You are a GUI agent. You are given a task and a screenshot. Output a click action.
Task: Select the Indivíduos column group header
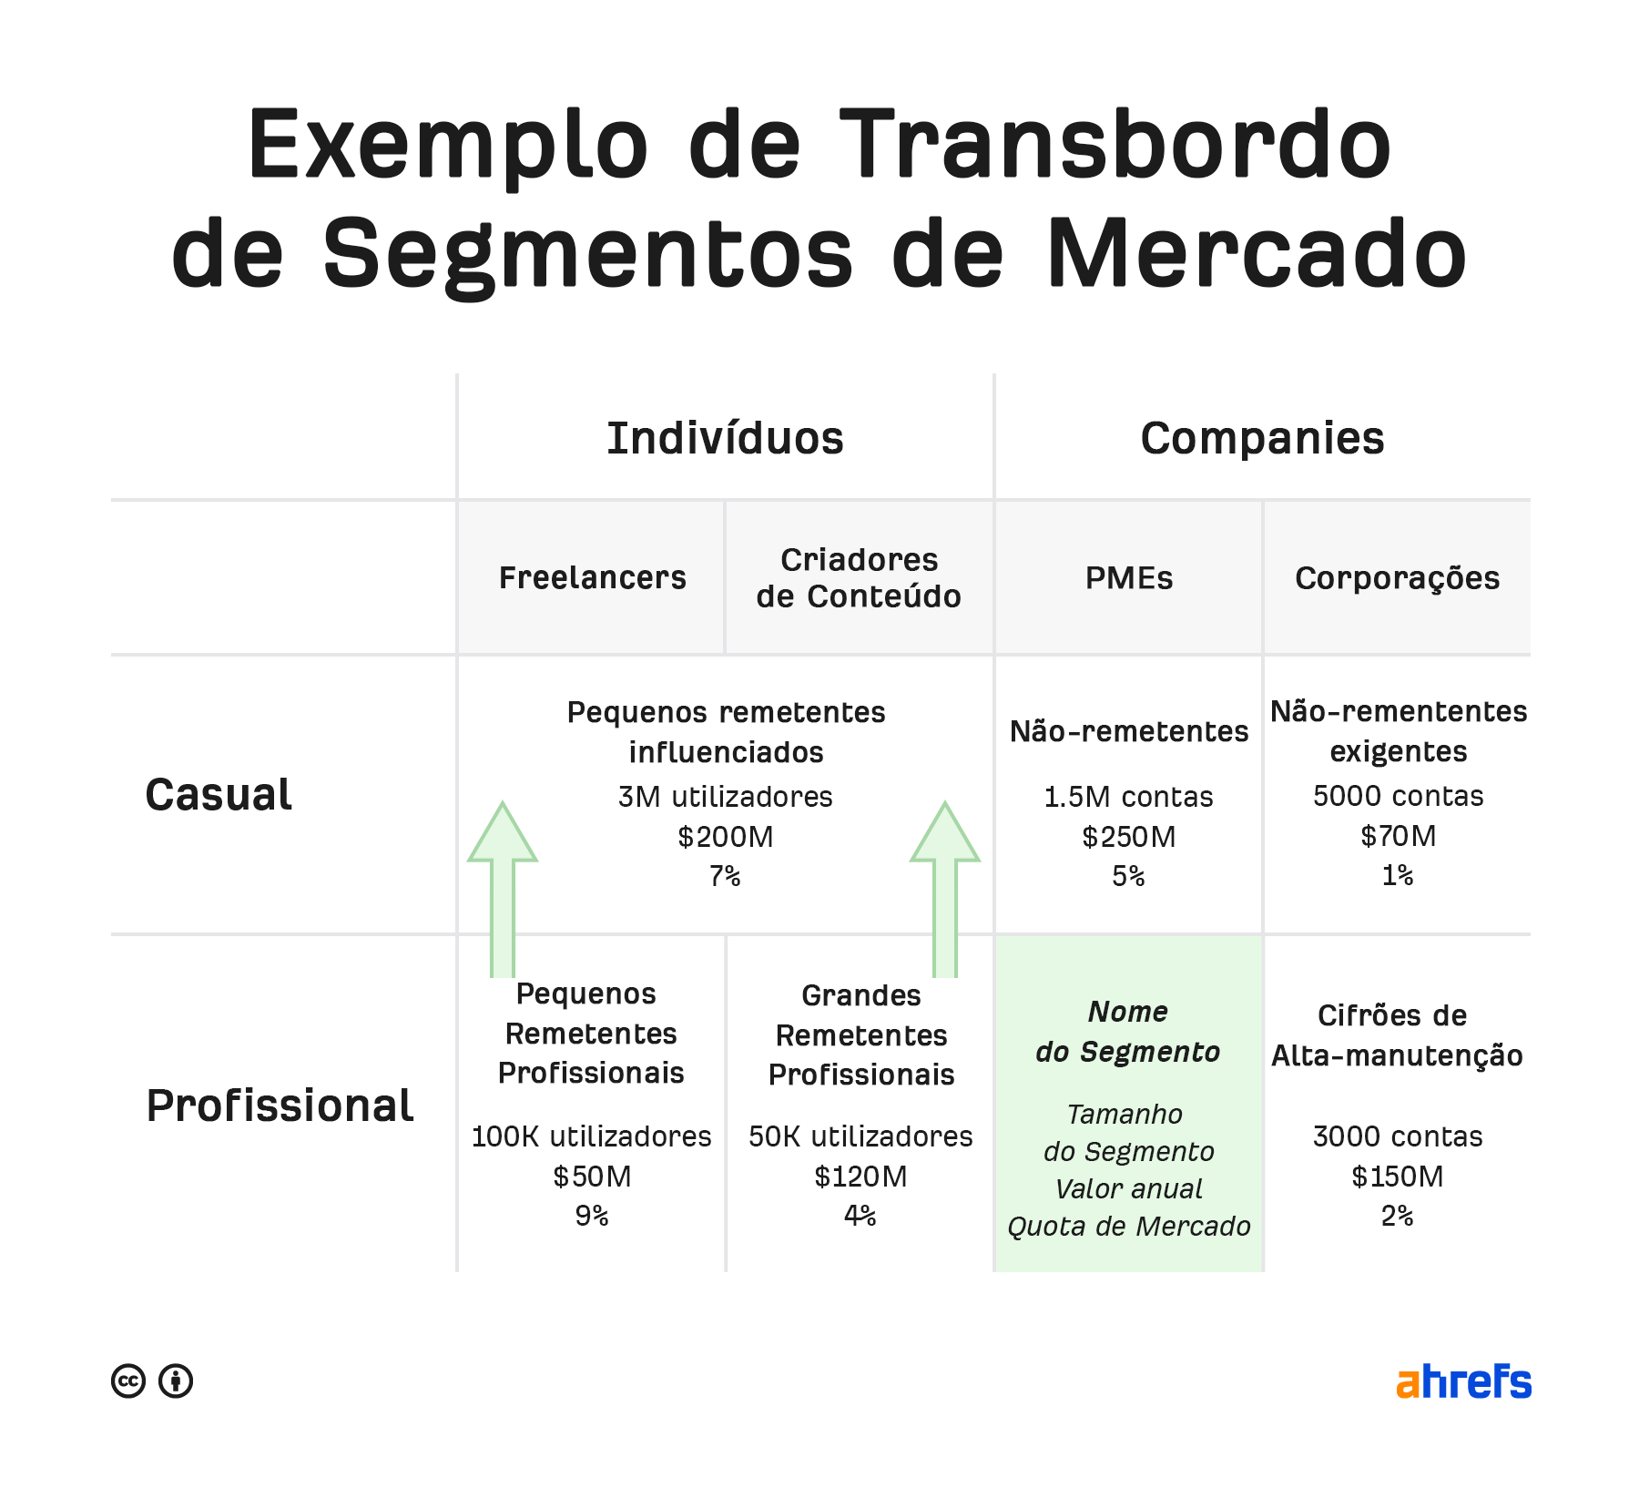[x=725, y=439]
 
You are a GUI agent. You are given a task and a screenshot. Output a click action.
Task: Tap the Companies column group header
[x=1262, y=439]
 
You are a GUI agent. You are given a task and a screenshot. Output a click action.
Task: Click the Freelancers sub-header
[x=592, y=578]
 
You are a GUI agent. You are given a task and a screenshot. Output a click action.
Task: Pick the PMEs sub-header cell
[x=1129, y=578]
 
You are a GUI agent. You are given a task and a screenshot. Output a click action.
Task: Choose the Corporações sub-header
[x=1397, y=578]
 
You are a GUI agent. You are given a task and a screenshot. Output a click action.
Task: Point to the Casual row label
[x=219, y=795]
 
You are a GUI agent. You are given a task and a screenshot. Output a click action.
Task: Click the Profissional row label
[x=280, y=1106]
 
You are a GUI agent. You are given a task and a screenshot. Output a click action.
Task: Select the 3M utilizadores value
[x=725, y=797]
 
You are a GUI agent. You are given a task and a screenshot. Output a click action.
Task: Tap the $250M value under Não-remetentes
[x=1129, y=837]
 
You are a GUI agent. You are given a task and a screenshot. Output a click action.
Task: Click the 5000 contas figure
[x=1398, y=796]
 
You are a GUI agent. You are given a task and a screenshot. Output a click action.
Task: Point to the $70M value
[x=1398, y=836]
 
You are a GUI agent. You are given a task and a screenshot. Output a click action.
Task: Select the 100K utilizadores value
[x=591, y=1136]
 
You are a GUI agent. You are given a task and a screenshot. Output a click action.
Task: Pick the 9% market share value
[x=591, y=1216]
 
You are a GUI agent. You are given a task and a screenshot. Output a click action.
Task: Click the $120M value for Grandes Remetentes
[x=860, y=1177]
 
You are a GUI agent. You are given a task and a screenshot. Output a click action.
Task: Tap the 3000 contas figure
[x=1398, y=1136]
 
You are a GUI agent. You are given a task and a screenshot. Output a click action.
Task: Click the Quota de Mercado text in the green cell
[x=1129, y=1227]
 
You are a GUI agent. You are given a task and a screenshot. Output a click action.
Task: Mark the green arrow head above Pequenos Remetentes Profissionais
[x=503, y=833]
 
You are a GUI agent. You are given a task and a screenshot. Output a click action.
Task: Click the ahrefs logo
[x=1463, y=1381]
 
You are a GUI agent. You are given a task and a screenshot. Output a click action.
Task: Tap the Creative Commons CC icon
[x=128, y=1381]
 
